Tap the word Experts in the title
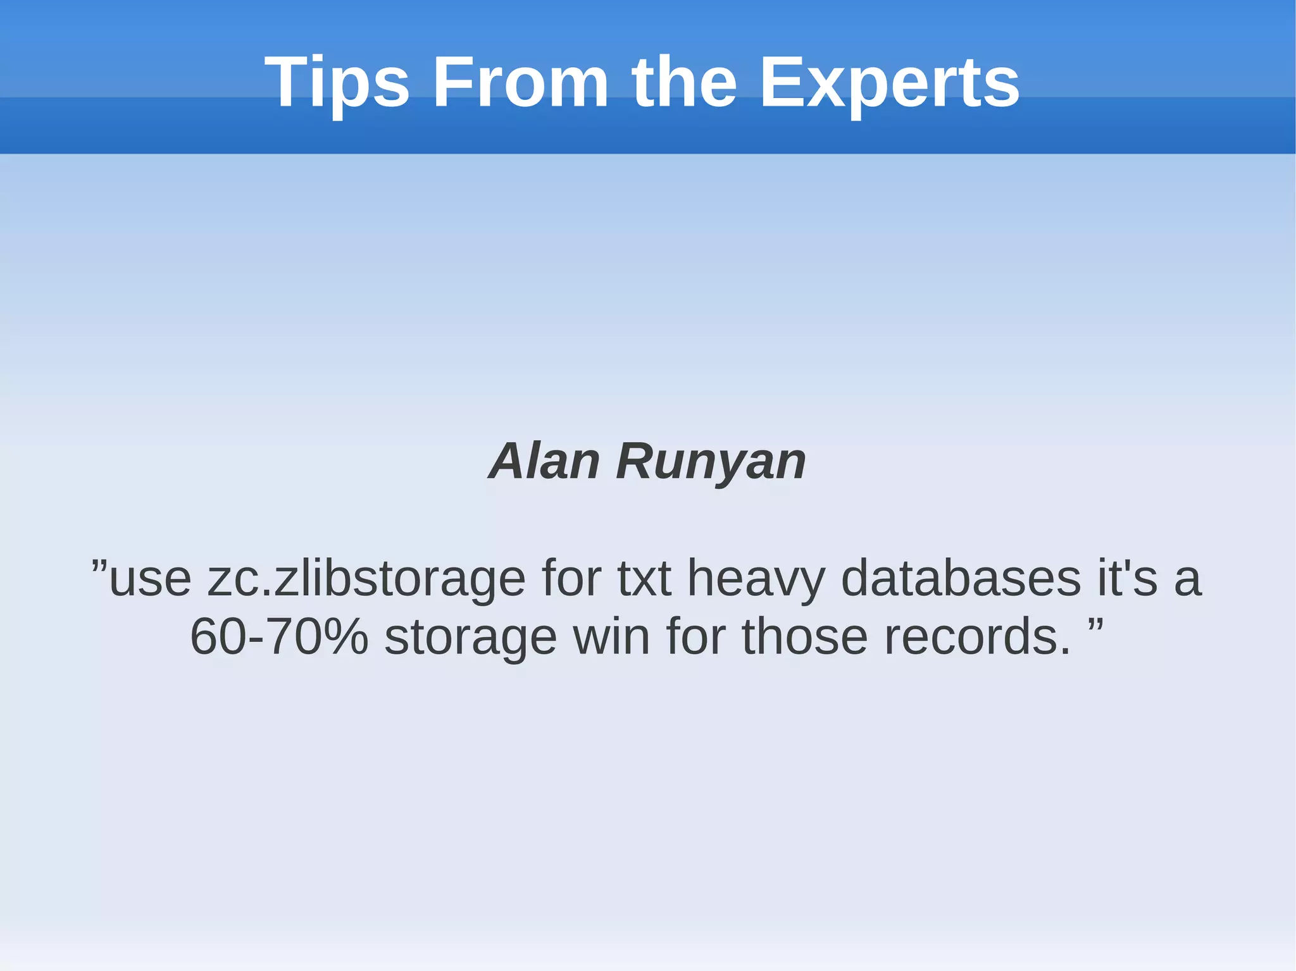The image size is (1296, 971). pos(889,82)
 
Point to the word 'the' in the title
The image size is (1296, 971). pos(684,82)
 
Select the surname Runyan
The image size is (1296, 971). pos(711,461)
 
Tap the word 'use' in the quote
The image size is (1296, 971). pos(150,579)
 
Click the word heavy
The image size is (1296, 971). pos(756,579)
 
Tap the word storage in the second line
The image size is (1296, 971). pos(470,638)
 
